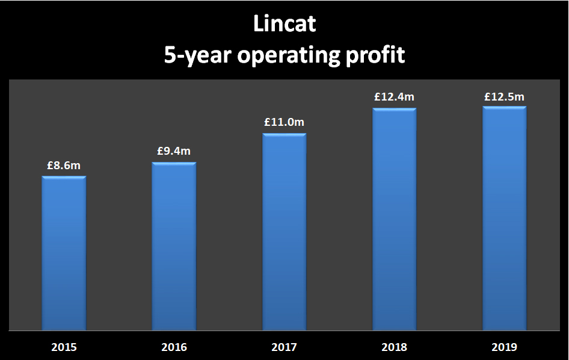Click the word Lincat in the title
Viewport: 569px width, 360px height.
[284, 25]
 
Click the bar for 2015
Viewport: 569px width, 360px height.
[64, 253]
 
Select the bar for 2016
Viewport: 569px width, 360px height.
[174, 246]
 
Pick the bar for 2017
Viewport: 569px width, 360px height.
[284, 232]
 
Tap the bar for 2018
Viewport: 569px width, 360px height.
[395, 219]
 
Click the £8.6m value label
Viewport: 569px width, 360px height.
[64, 165]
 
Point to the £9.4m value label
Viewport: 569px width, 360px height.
[174, 151]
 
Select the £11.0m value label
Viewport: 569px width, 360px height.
[284, 122]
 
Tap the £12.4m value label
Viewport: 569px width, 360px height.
[395, 97]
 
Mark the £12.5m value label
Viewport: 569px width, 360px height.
[504, 96]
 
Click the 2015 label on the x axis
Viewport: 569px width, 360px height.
[64, 347]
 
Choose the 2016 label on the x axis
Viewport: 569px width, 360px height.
[174, 347]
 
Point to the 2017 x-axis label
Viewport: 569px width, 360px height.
[284, 347]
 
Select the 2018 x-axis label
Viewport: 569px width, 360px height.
[395, 347]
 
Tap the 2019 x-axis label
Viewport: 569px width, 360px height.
[504, 347]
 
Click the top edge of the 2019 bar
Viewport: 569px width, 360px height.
[504, 108]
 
